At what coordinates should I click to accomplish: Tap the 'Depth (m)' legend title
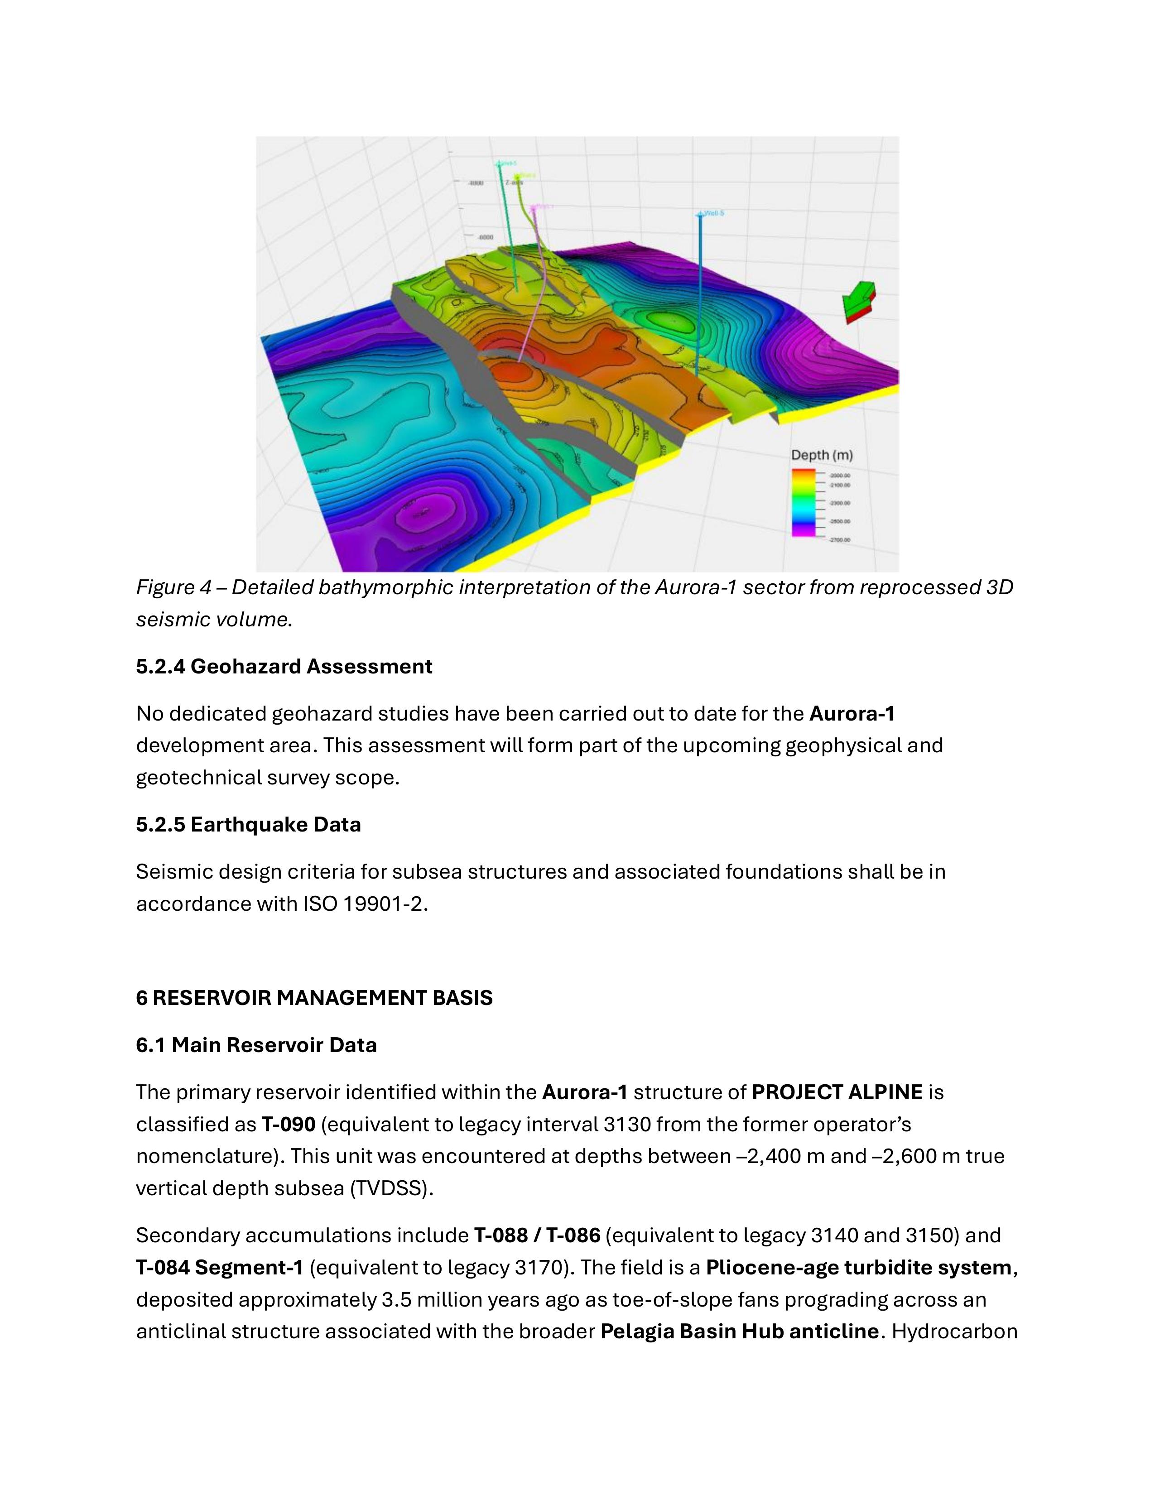tap(822, 455)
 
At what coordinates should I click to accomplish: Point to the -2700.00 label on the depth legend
tap(839, 540)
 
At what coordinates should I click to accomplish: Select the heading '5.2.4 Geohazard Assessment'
tap(284, 667)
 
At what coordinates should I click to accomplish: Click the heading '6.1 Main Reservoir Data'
tap(256, 1045)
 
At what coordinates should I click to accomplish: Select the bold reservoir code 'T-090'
tap(288, 1125)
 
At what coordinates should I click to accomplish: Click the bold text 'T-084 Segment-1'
tap(219, 1268)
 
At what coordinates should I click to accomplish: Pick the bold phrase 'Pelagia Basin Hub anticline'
tap(739, 1332)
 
